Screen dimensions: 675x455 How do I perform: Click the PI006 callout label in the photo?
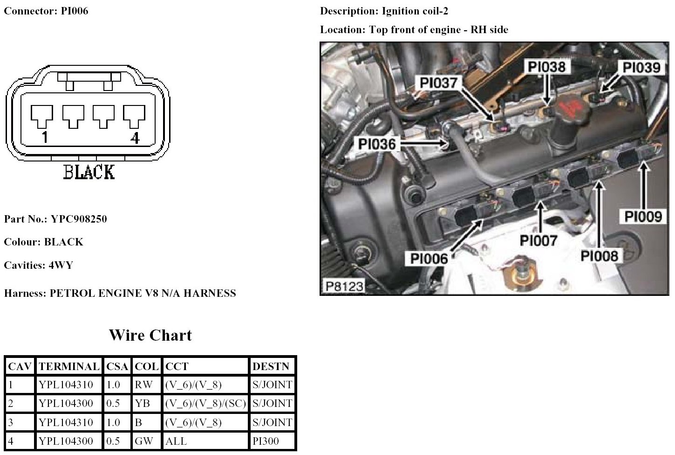(x=429, y=259)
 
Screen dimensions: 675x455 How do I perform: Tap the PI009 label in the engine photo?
(x=643, y=217)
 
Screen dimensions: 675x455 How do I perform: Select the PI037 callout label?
(x=438, y=83)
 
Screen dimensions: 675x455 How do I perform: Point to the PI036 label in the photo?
(x=376, y=144)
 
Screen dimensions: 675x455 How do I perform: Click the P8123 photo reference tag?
(x=344, y=286)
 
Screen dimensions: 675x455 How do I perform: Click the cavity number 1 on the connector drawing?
(x=44, y=138)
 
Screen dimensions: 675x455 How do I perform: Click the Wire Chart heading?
(x=150, y=335)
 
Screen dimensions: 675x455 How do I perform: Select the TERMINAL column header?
(x=68, y=367)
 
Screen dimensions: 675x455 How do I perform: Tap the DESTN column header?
(x=270, y=367)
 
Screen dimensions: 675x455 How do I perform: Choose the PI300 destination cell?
(x=266, y=441)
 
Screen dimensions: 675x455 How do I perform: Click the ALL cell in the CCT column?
(x=176, y=441)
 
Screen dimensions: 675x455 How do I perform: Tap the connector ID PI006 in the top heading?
(x=75, y=11)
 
